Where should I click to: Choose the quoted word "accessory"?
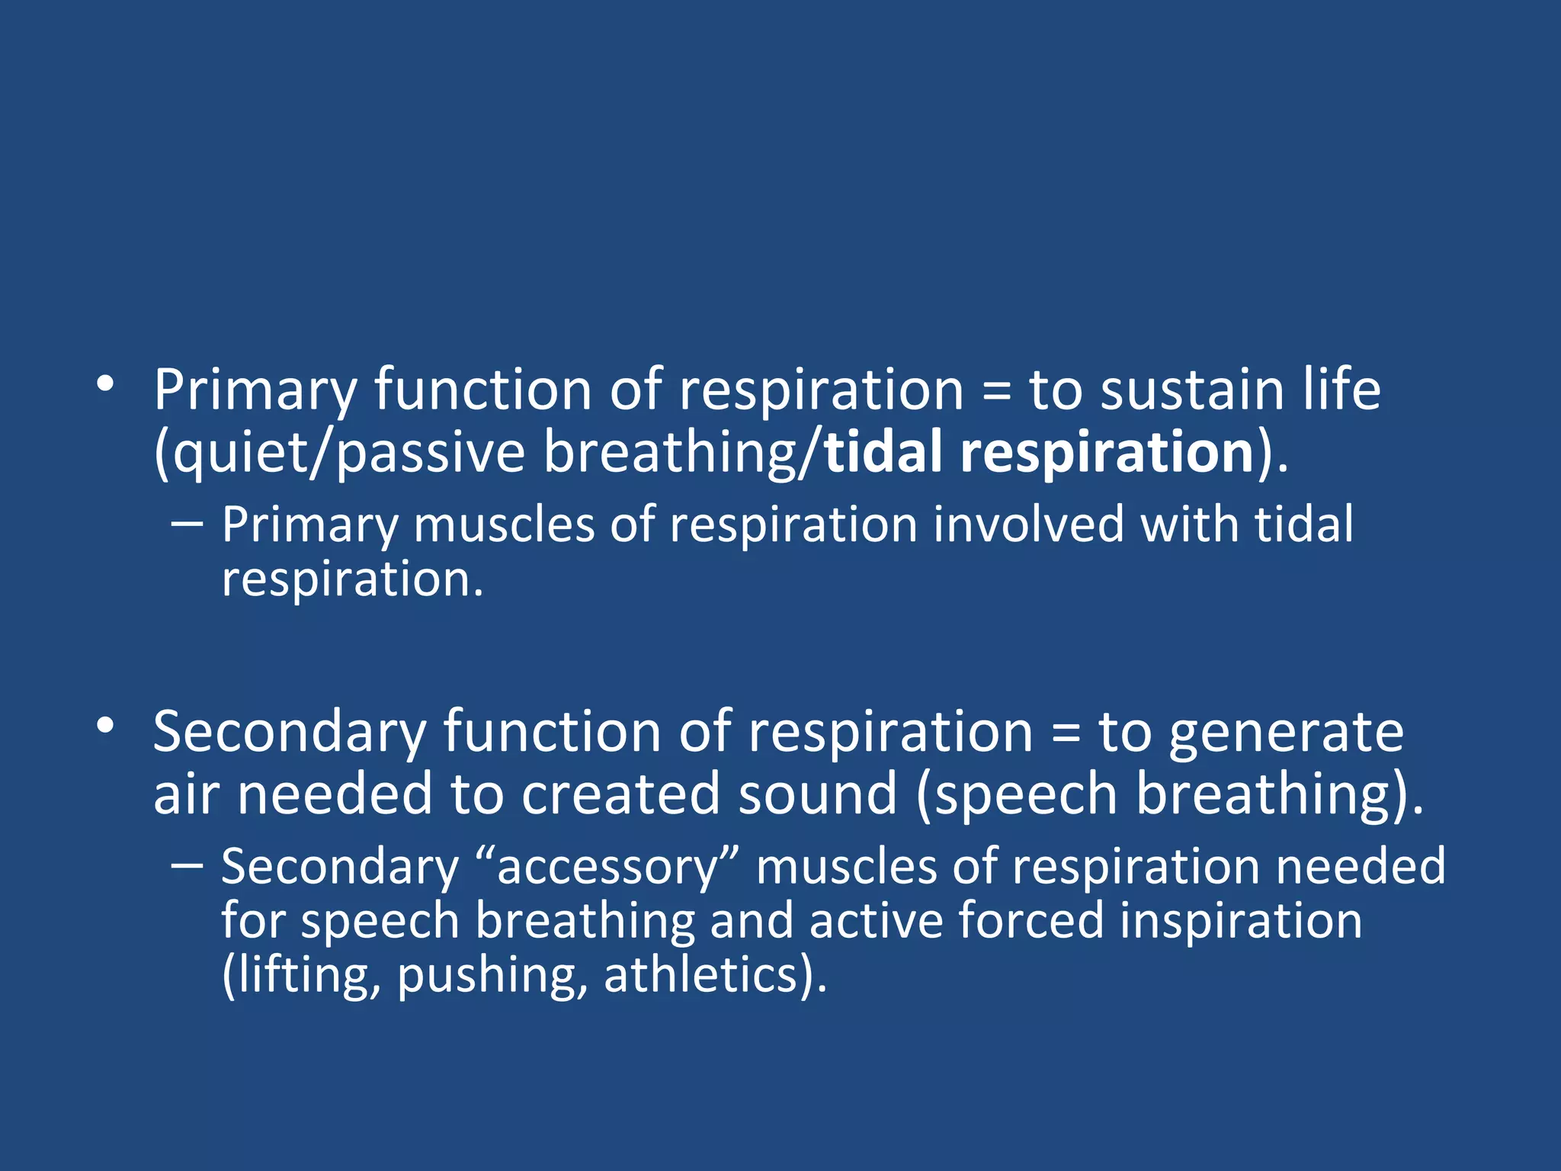coord(607,868)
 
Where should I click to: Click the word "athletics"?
coord(702,975)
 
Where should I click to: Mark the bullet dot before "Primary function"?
coord(105,383)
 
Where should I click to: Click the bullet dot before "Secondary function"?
coord(105,726)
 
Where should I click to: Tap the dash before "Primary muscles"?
coord(188,525)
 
